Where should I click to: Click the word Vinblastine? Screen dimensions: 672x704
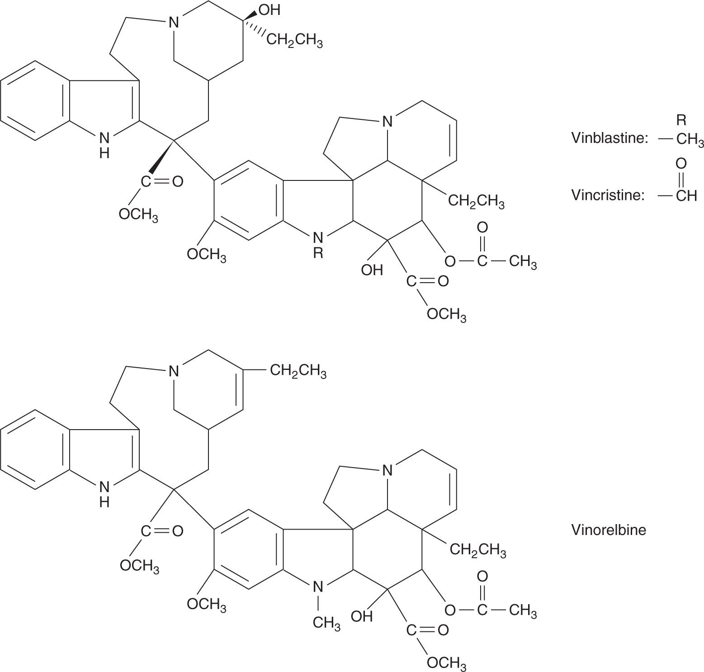[609, 138]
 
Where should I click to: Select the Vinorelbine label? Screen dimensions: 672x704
[609, 530]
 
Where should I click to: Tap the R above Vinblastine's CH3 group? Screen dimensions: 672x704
[681, 120]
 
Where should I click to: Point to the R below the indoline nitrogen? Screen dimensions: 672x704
[318, 253]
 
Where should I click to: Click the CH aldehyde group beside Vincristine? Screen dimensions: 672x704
[686, 195]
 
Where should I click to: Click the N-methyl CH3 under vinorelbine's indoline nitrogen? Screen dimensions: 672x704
[326, 623]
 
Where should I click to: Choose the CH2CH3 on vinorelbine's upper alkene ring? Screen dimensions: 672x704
[298, 372]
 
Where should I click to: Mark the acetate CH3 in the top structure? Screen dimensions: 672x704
[523, 262]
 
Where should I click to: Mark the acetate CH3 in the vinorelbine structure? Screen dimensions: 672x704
[523, 611]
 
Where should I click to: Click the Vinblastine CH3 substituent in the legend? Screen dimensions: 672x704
[690, 139]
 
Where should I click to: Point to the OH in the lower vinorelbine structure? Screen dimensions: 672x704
[362, 616]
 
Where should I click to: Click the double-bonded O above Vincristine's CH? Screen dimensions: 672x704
[681, 163]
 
